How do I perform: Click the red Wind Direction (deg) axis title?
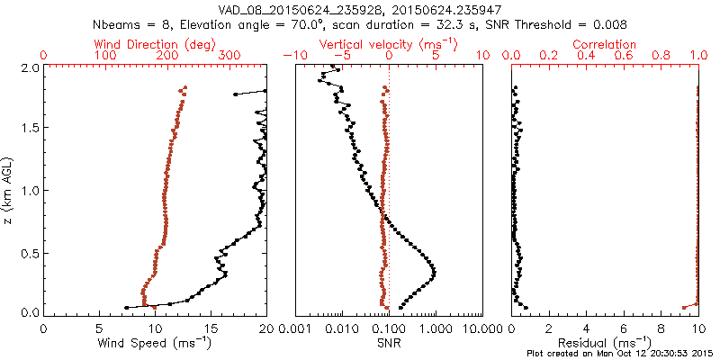point(155,44)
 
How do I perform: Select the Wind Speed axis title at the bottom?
point(155,343)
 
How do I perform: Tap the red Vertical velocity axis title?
point(388,44)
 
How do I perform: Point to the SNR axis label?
point(388,343)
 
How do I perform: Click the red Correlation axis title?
point(605,44)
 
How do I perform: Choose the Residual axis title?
point(605,343)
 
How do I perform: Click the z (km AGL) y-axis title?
point(12,190)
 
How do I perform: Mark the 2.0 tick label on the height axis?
point(29,67)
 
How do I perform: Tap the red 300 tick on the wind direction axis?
point(229,56)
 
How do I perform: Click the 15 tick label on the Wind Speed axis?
point(211,328)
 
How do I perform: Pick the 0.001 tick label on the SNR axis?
point(295,328)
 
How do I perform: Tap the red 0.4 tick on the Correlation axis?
point(587,56)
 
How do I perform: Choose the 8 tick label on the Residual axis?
point(661,328)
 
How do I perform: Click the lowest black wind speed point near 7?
point(125,308)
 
